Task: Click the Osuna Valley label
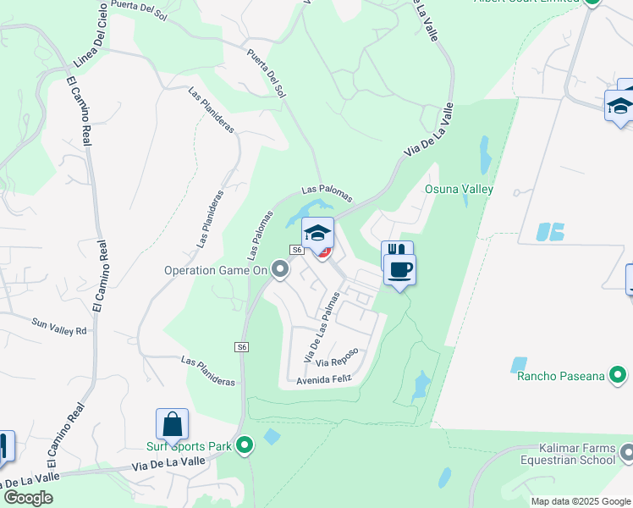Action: (x=459, y=190)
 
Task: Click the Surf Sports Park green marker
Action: (x=245, y=444)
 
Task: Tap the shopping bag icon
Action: (x=172, y=423)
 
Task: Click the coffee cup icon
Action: (x=399, y=269)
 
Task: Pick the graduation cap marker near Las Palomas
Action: (x=317, y=233)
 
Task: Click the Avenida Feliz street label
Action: (x=322, y=380)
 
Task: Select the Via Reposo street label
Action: (x=338, y=356)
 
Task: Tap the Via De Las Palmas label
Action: (x=322, y=325)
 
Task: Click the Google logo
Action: (x=28, y=498)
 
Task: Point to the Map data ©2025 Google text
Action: (x=580, y=501)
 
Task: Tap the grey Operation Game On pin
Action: (x=281, y=270)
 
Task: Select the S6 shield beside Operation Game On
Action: (x=296, y=250)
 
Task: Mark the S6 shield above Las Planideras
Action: (x=242, y=347)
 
